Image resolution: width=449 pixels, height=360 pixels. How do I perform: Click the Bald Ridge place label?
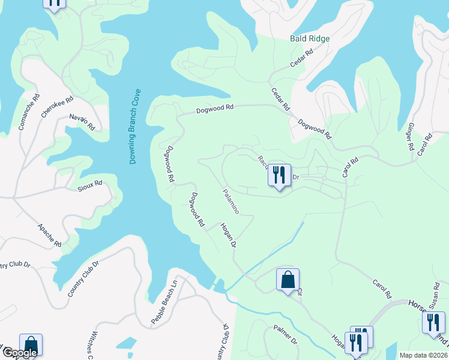pos(310,38)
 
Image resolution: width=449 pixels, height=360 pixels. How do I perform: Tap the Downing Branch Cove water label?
pos(134,127)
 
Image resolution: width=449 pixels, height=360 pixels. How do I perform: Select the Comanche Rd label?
pos(29,111)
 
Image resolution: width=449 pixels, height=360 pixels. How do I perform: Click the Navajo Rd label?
pos(82,122)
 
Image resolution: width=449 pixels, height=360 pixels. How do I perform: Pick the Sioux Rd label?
pos(90,184)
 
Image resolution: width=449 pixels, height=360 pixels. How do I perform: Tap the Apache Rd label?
pos(49,235)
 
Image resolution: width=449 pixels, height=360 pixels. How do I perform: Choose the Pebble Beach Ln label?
pos(164,302)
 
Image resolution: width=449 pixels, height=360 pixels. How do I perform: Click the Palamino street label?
pos(231,201)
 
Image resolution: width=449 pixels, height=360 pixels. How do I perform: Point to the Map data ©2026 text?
pos(423,355)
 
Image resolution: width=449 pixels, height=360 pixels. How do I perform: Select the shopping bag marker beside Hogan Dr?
pos(288,280)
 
